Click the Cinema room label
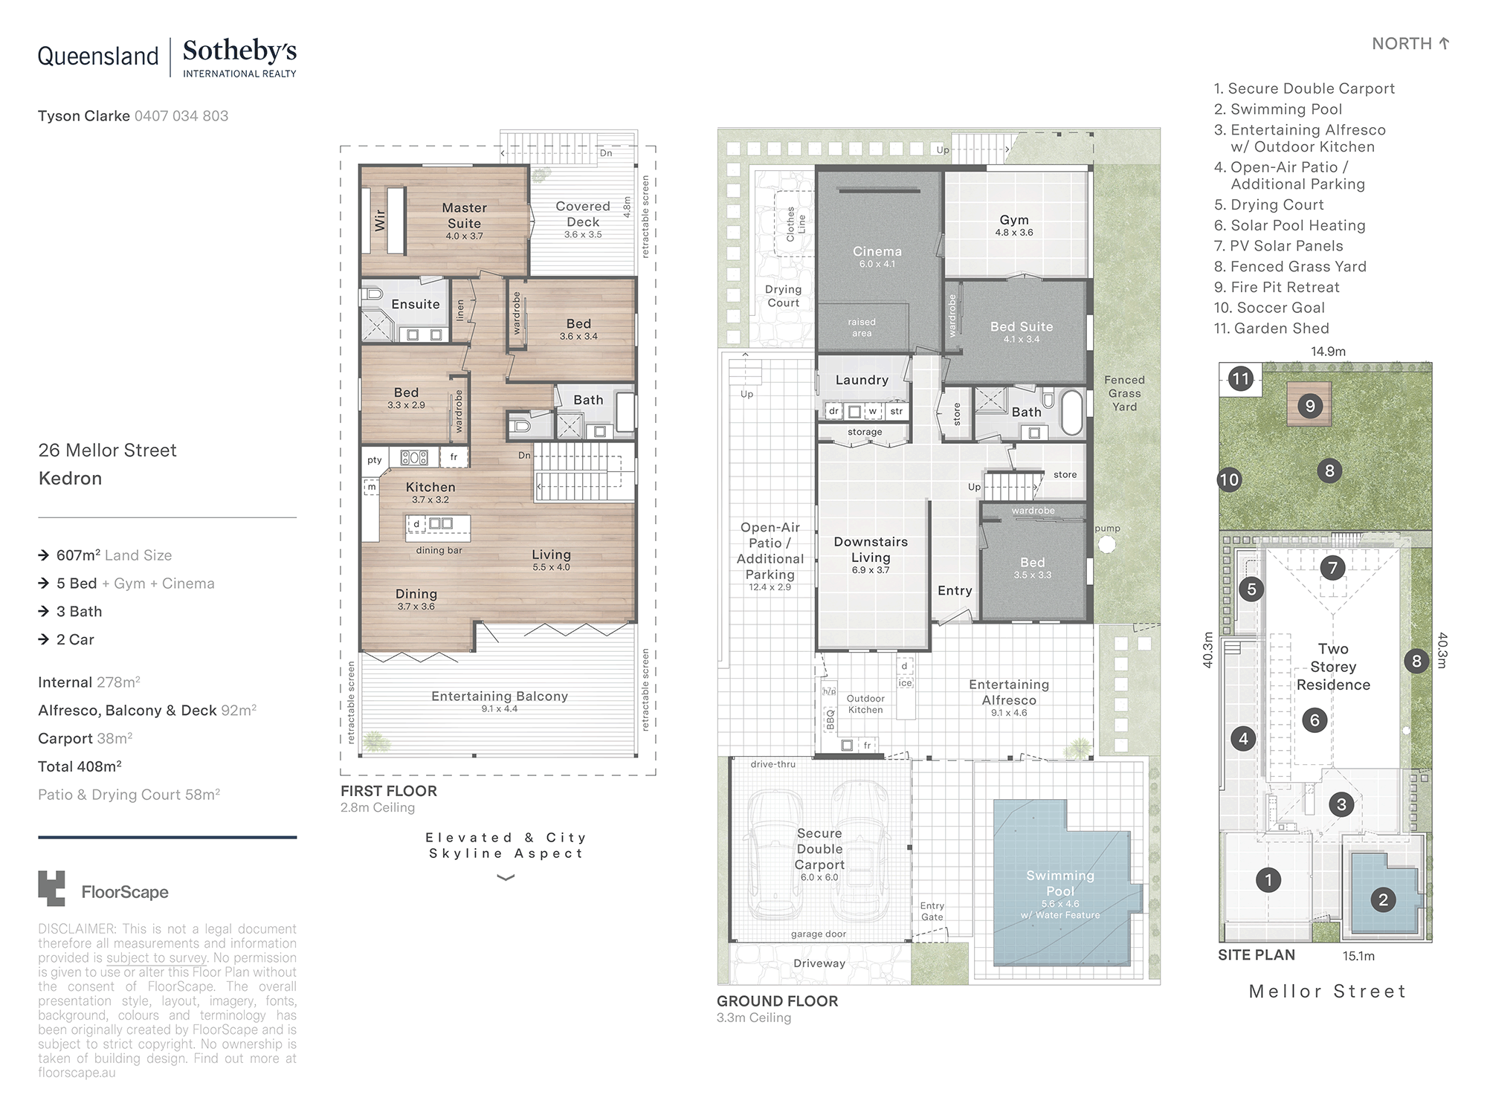click(877, 251)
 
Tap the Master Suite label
click(465, 216)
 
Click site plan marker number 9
click(1310, 406)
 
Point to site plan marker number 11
click(1240, 379)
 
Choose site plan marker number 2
click(1383, 900)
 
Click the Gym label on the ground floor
click(1014, 220)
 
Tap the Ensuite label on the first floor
click(416, 304)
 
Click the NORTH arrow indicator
click(1444, 44)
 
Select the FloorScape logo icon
click(51, 888)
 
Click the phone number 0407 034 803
click(181, 116)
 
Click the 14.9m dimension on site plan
click(1328, 352)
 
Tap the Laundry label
click(862, 380)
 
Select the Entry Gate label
click(932, 911)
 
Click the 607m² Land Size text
click(114, 555)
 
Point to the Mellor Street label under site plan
click(1327, 991)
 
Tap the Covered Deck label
click(583, 214)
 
